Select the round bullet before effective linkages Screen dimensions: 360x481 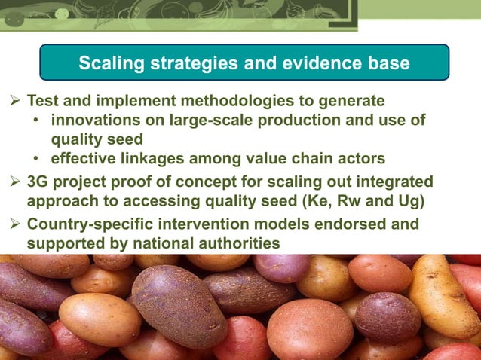click(x=37, y=159)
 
